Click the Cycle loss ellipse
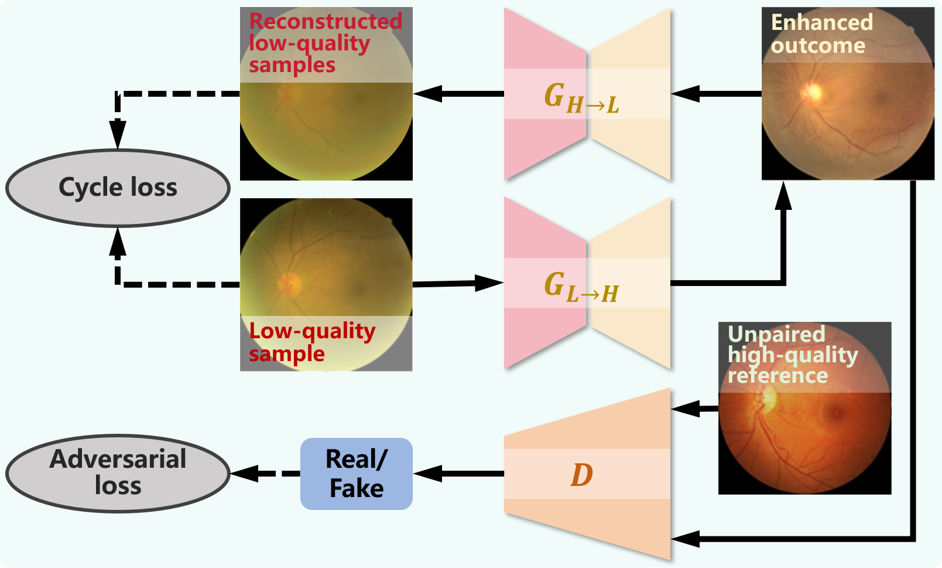click(x=118, y=188)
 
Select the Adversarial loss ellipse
click(x=118, y=473)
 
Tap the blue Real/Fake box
click(x=356, y=474)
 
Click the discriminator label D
click(x=581, y=475)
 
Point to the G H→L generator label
click(x=581, y=98)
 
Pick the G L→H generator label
click(x=581, y=287)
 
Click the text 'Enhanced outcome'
click(x=821, y=34)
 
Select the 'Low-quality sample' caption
click(x=312, y=342)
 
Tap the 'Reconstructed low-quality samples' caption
click(x=325, y=43)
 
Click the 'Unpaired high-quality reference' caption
click(x=792, y=355)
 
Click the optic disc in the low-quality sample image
click(x=289, y=284)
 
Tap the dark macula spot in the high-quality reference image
click(x=832, y=414)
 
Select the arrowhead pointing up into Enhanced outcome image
click(x=783, y=195)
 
